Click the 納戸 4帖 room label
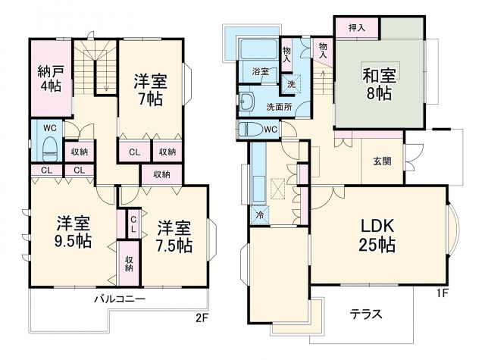click(51, 80)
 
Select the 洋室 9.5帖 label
click(74, 233)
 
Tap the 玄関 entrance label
click(382, 161)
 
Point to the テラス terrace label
click(366, 313)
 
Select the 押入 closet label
click(357, 28)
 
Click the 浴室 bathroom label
click(260, 72)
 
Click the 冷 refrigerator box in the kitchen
click(261, 214)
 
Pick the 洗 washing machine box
click(290, 83)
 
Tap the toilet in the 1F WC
click(249, 128)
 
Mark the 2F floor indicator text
click(201, 318)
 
